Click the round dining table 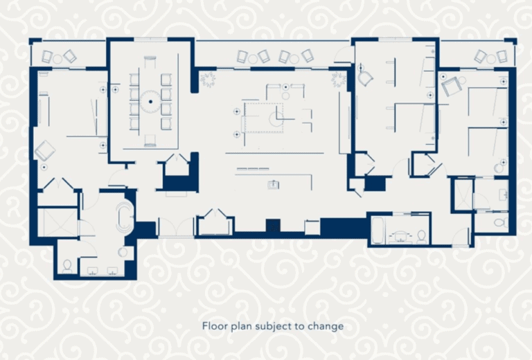[x=150, y=101]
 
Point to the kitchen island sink [x=274, y=185]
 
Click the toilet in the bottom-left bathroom [x=67, y=267]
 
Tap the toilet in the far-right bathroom [x=501, y=223]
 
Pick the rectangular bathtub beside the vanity [x=378, y=230]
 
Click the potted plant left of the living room [x=207, y=79]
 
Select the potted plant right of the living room [x=338, y=80]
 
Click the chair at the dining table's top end [x=150, y=63]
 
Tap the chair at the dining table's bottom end [x=150, y=141]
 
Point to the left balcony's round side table [x=57, y=59]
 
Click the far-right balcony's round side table [x=491, y=59]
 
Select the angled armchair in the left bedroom [x=45, y=151]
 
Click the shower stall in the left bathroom [x=57, y=222]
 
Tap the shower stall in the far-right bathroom [x=463, y=195]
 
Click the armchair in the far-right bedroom [x=450, y=87]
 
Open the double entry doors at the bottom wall [x=177, y=227]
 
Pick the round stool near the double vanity [x=123, y=252]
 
